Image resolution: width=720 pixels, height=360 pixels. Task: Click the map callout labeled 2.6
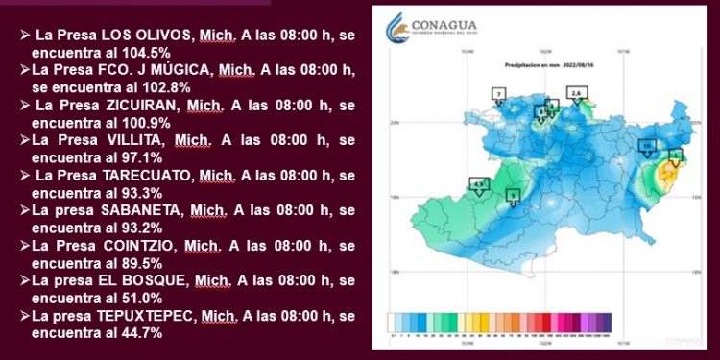click(576, 92)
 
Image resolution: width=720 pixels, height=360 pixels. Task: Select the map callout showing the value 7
click(497, 93)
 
